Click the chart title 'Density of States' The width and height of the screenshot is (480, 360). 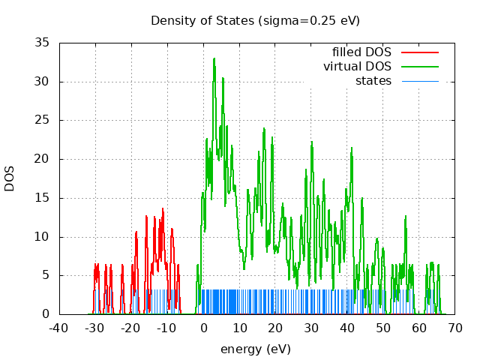(x=202, y=20)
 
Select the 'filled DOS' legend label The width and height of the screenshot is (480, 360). (x=361, y=52)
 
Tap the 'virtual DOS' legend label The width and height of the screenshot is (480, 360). (x=357, y=66)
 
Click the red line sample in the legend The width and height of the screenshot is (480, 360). (x=419, y=52)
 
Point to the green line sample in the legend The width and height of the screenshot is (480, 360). (x=419, y=66)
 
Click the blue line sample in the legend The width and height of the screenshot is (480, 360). (x=419, y=80)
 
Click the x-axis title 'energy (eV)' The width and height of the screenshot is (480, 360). (x=255, y=349)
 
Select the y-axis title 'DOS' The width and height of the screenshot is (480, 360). (x=10, y=178)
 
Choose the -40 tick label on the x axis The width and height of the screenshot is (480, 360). (x=59, y=328)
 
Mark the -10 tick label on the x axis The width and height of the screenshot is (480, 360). (x=167, y=328)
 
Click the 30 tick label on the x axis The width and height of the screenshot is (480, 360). (x=311, y=328)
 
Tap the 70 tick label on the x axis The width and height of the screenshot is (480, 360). (x=455, y=328)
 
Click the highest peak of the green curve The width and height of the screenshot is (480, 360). (x=214, y=58)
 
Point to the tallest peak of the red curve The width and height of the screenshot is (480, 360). (x=162, y=209)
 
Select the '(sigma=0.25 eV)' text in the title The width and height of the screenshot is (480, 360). (x=309, y=20)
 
